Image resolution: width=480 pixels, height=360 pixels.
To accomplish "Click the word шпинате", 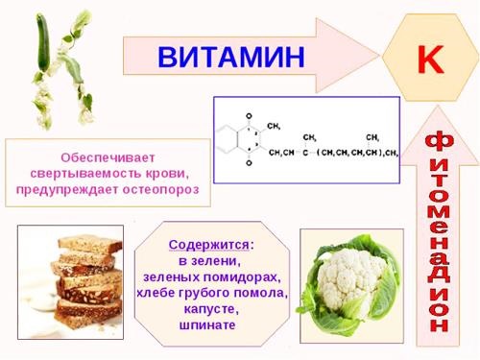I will point(207,325).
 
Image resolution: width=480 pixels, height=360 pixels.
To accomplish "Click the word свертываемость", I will point(78,173).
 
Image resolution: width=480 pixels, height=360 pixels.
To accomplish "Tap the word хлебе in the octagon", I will point(159,293).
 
